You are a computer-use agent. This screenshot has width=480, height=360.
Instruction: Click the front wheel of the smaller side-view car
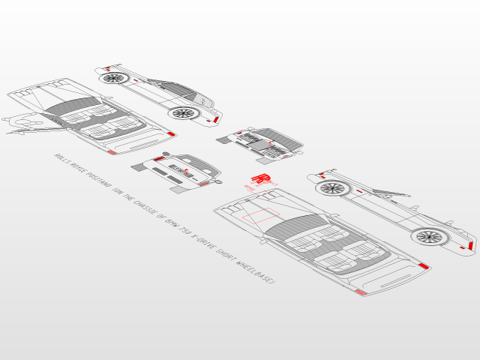[114, 77]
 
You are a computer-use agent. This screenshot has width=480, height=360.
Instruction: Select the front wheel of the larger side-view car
[331, 187]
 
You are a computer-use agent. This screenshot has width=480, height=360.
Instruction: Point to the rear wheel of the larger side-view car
[429, 237]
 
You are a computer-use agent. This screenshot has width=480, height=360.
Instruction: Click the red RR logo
[259, 178]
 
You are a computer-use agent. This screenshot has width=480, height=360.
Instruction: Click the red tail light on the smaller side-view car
[215, 119]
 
